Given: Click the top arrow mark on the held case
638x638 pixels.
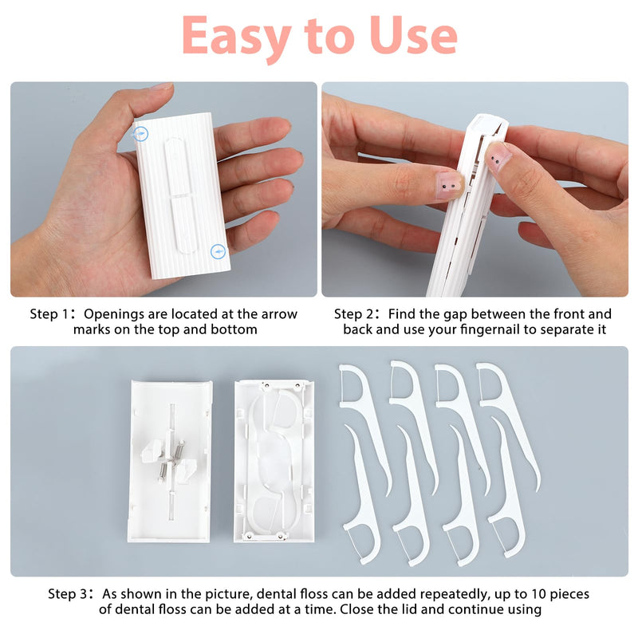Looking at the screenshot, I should [140, 134].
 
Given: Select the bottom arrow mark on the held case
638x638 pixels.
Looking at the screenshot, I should [217, 252].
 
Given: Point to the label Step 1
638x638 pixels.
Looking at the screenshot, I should [53, 314].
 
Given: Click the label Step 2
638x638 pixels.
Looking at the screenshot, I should [356, 314].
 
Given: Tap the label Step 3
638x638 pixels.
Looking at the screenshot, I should [71, 594].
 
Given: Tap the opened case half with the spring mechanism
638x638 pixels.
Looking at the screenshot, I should [169, 460].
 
